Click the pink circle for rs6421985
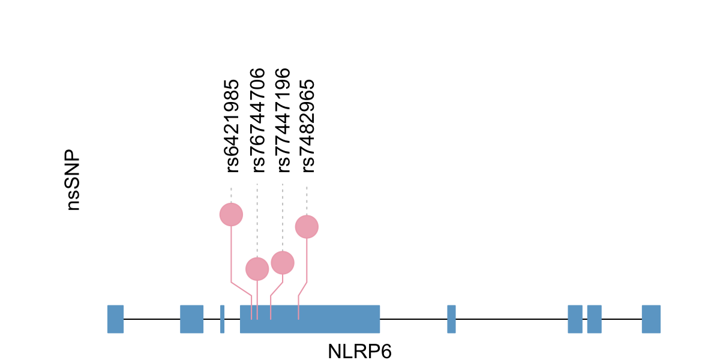click(x=231, y=214)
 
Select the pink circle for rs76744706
click(x=257, y=269)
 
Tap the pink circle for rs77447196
click(x=283, y=262)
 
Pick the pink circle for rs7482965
click(x=307, y=227)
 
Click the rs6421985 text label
click(x=232, y=125)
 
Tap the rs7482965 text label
click(x=307, y=125)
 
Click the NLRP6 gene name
click(x=359, y=351)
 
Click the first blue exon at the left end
click(x=115, y=319)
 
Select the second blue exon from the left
click(x=191, y=319)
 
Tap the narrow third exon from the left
click(x=222, y=319)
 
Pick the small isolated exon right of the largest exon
click(x=451, y=319)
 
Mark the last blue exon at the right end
click(x=651, y=319)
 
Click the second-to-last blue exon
click(x=594, y=319)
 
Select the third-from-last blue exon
click(x=575, y=319)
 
